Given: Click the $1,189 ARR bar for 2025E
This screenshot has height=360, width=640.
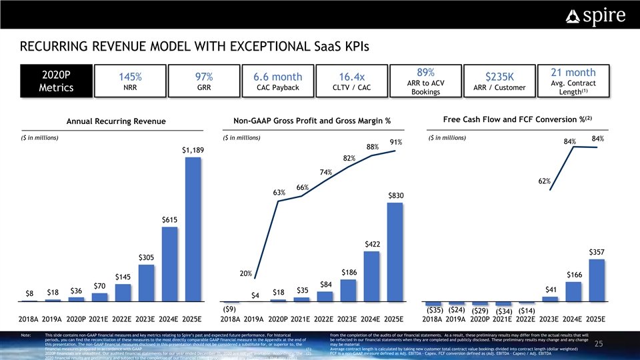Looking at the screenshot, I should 193,230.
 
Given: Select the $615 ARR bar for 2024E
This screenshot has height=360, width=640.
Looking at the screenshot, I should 169,265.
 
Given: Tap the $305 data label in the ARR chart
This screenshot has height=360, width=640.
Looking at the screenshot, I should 147,257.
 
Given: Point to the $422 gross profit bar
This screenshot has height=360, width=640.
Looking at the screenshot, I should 371,277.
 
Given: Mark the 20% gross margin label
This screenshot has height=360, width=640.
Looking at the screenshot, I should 245,274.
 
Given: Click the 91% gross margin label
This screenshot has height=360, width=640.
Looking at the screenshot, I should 395,142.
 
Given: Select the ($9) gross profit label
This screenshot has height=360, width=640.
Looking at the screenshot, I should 228,310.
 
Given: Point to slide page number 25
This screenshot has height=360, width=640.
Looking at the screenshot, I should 617,343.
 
